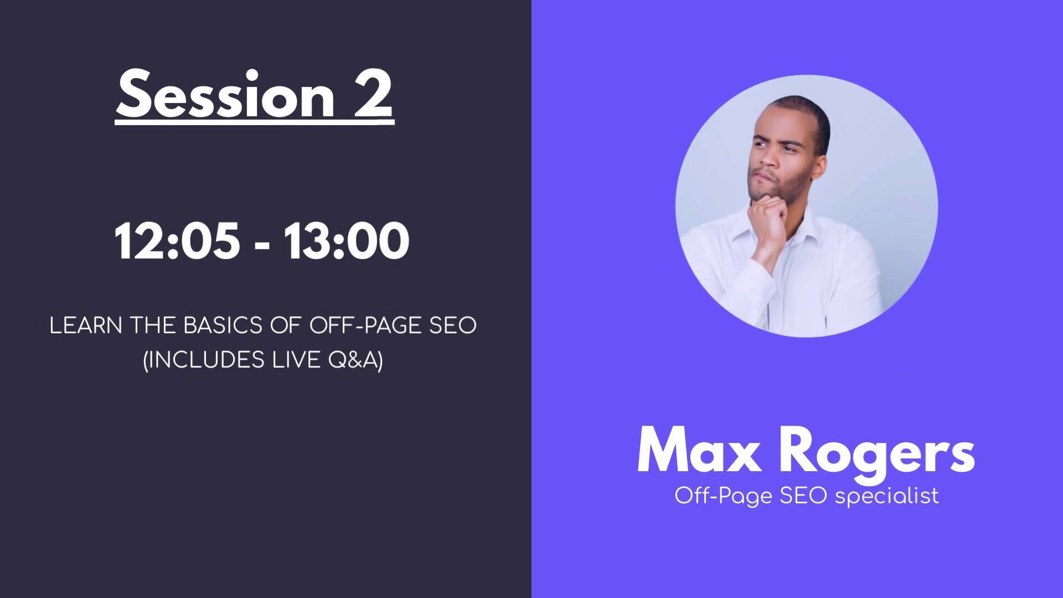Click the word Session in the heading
point(225,95)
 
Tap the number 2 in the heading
point(373,95)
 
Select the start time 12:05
point(177,241)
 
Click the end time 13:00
point(347,241)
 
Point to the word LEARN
point(86,326)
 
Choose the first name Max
point(699,451)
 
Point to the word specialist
point(887,495)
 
